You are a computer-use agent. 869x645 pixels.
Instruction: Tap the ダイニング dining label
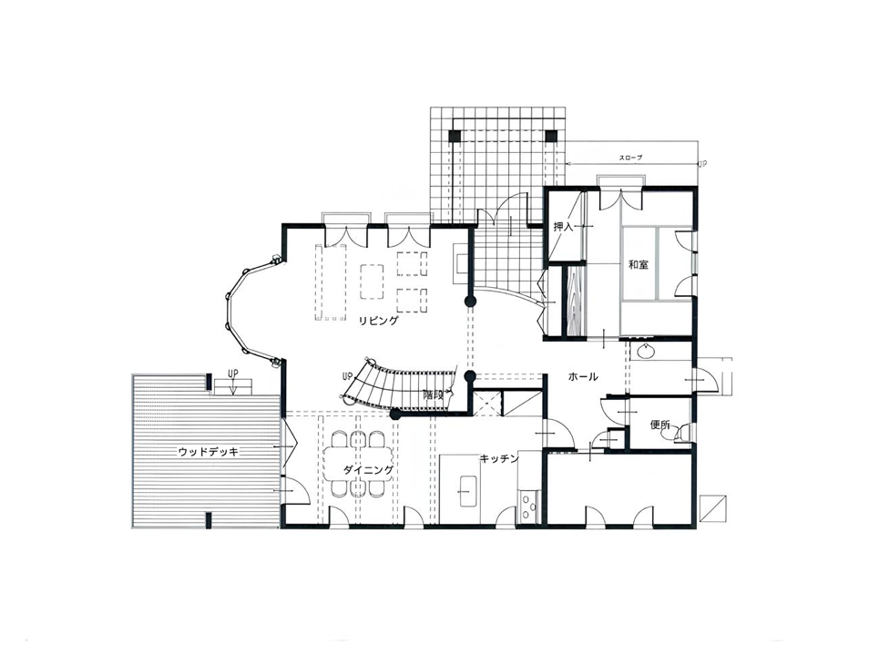click(368, 470)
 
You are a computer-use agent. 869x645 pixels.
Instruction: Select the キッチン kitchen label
click(499, 459)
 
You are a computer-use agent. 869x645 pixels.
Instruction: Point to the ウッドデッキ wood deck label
click(208, 452)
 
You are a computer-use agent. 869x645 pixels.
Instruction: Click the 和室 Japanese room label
click(638, 264)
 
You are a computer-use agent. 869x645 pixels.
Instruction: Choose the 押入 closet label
click(564, 227)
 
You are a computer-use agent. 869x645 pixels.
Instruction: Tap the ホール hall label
click(583, 377)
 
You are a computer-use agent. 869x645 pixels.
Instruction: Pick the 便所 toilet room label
click(659, 425)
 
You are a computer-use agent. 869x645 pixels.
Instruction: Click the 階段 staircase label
click(433, 395)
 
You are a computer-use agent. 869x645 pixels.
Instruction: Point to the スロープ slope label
click(630, 158)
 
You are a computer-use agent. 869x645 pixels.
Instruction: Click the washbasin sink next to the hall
click(645, 351)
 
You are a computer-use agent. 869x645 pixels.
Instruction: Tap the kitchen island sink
click(467, 491)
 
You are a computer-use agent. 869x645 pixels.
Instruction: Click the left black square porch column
click(455, 136)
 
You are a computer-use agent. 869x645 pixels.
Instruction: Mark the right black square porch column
click(550, 136)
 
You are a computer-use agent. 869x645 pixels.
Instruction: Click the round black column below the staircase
click(395, 414)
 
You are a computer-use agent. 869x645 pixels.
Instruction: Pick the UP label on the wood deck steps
click(233, 374)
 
